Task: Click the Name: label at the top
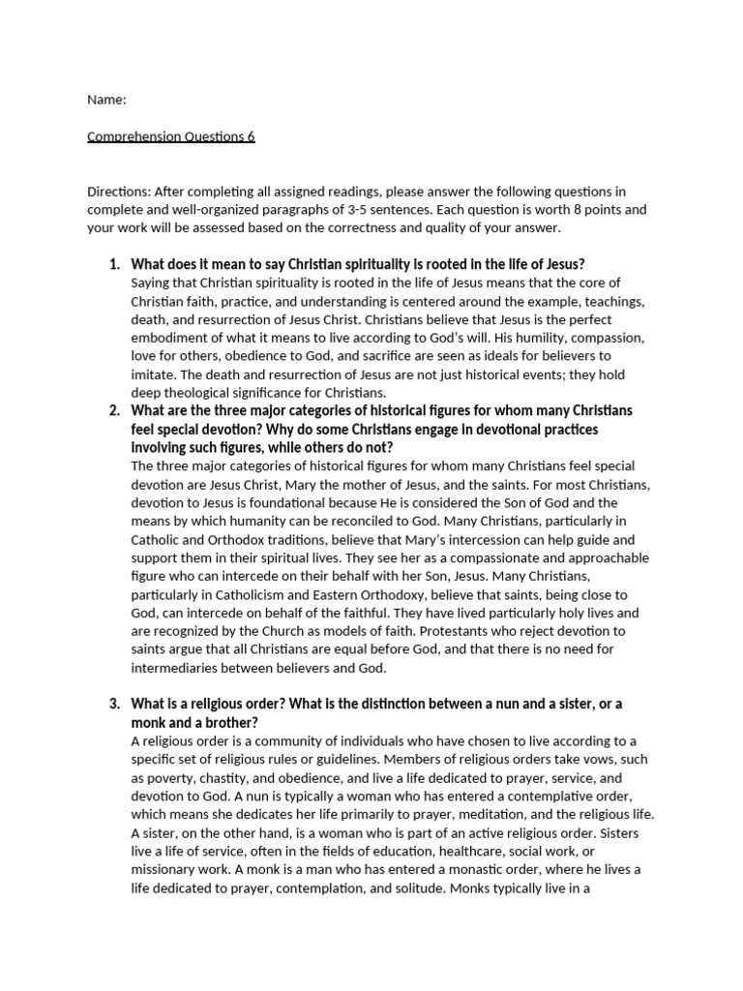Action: coord(107,100)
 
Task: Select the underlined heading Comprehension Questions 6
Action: coord(171,136)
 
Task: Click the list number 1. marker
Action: coord(113,264)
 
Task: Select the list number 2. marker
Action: coord(113,410)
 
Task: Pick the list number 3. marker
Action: coord(113,703)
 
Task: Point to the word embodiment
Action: coord(172,338)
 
